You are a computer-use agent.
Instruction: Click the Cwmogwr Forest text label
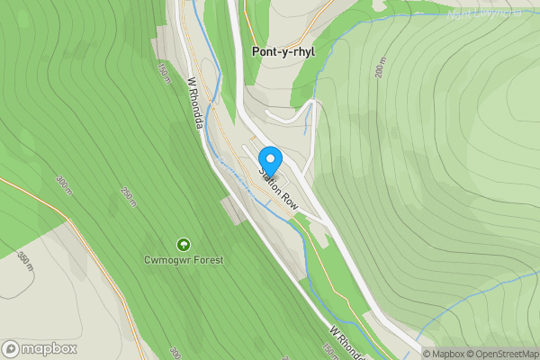tap(184, 260)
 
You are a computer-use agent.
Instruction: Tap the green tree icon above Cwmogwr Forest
tap(184, 244)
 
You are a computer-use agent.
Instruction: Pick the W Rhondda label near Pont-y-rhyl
tap(194, 101)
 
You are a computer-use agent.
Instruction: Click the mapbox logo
tap(39, 348)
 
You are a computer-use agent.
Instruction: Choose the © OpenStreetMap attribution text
tap(506, 354)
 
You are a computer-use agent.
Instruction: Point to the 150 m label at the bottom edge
tap(330, 350)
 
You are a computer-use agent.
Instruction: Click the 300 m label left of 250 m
tap(63, 184)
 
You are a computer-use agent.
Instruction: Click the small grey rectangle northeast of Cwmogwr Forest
tap(232, 211)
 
